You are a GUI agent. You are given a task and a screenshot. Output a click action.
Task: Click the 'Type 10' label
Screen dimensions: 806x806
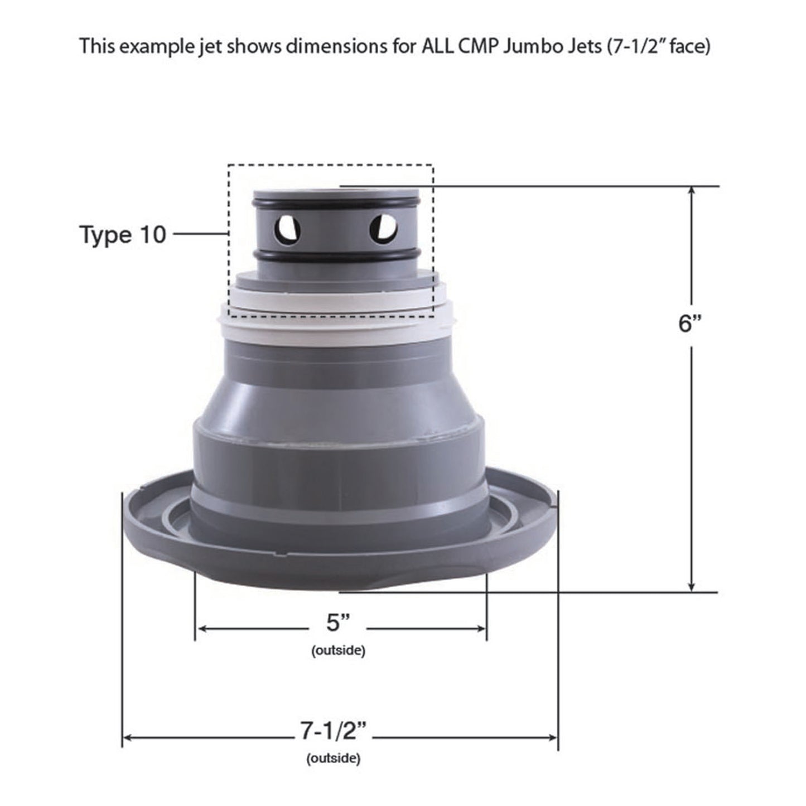point(123,235)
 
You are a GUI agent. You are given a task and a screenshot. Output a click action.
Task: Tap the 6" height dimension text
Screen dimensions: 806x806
point(690,323)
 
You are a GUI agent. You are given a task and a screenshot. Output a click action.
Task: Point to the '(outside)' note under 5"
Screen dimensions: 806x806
point(338,650)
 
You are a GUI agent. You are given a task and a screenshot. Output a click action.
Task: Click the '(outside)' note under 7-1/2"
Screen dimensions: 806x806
point(333,759)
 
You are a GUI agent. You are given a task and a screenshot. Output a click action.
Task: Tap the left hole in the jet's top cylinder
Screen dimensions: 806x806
point(287,229)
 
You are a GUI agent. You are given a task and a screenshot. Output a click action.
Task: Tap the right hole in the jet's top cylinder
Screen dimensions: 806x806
point(384,229)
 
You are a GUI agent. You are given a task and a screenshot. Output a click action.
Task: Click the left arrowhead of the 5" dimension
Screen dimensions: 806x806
point(202,629)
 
